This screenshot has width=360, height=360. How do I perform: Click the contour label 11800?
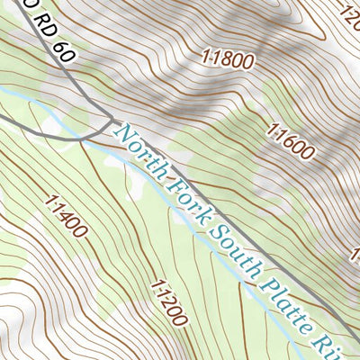(228, 61)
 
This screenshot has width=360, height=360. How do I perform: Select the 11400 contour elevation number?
(64, 217)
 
